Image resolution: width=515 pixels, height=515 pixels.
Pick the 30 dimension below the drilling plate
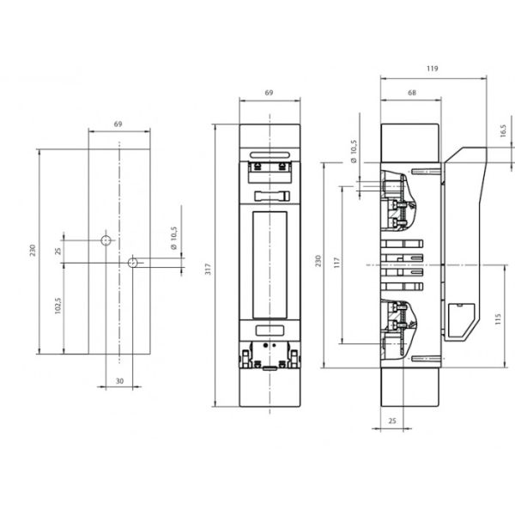[119, 381]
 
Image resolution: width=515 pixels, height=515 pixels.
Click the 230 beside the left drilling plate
[33, 251]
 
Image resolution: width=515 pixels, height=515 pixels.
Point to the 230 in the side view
[317, 260]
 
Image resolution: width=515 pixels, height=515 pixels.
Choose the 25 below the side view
[391, 422]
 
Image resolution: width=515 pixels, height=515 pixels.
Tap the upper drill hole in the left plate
[106, 240]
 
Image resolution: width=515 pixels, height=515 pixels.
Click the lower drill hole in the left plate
[134, 262]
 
